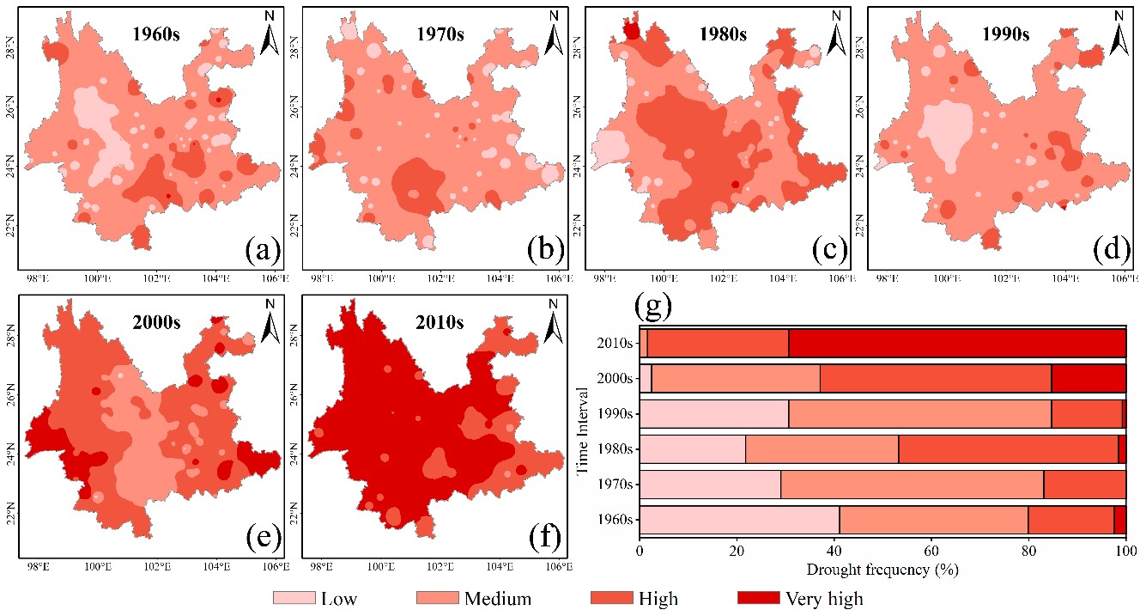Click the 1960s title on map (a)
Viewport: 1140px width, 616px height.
tap(155, 35)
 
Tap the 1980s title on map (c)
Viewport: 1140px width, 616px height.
tap(722, 35)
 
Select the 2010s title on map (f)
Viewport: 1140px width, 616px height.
tap(439, 323)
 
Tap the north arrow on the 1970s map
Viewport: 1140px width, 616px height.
tap(555, 32)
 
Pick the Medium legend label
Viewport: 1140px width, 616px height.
tap(498, 598)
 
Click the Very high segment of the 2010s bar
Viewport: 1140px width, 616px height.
tap(957, 343)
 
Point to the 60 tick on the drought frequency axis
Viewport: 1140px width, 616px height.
tap(931, 552)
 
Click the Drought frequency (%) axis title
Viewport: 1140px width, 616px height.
tap(882, 569)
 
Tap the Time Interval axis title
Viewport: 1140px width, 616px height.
tap(583, 430)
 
